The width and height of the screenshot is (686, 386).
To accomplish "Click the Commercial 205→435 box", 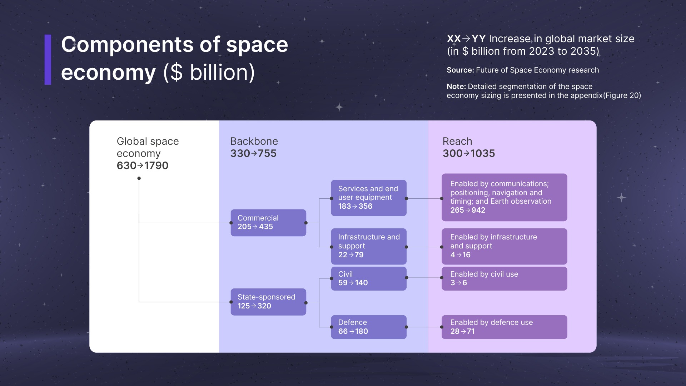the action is point(268,223).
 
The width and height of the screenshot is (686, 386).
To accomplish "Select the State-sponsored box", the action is point(268,302).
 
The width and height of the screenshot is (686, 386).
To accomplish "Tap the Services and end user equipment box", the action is point(369,198).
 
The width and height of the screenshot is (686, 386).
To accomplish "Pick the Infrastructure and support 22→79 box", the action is point(369,246).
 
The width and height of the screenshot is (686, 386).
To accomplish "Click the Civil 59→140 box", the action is point(369,278).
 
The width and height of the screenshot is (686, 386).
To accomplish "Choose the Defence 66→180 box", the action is point(369,327).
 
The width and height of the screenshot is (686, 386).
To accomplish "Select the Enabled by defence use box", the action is point(504,327).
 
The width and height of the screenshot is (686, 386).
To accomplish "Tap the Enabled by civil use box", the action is point(504,278).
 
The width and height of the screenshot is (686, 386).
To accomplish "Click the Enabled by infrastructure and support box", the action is point(504,246).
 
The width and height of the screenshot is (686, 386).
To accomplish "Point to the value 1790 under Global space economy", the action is point(156,165).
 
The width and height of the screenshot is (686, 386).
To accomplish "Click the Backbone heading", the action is point(254,141).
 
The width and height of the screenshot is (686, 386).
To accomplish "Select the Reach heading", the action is point(457,141).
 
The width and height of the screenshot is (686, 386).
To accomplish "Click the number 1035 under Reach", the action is point(483,153).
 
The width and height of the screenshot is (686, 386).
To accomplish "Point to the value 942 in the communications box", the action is point(478,210).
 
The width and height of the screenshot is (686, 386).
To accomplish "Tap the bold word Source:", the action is point(460,70).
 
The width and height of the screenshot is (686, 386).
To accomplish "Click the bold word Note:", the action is point(456,86).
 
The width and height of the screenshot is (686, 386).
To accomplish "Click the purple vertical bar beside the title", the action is point(48,60).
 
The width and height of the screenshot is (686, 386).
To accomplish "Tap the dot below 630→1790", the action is point(139,178).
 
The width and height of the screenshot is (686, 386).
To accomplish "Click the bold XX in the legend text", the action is point(454,39).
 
